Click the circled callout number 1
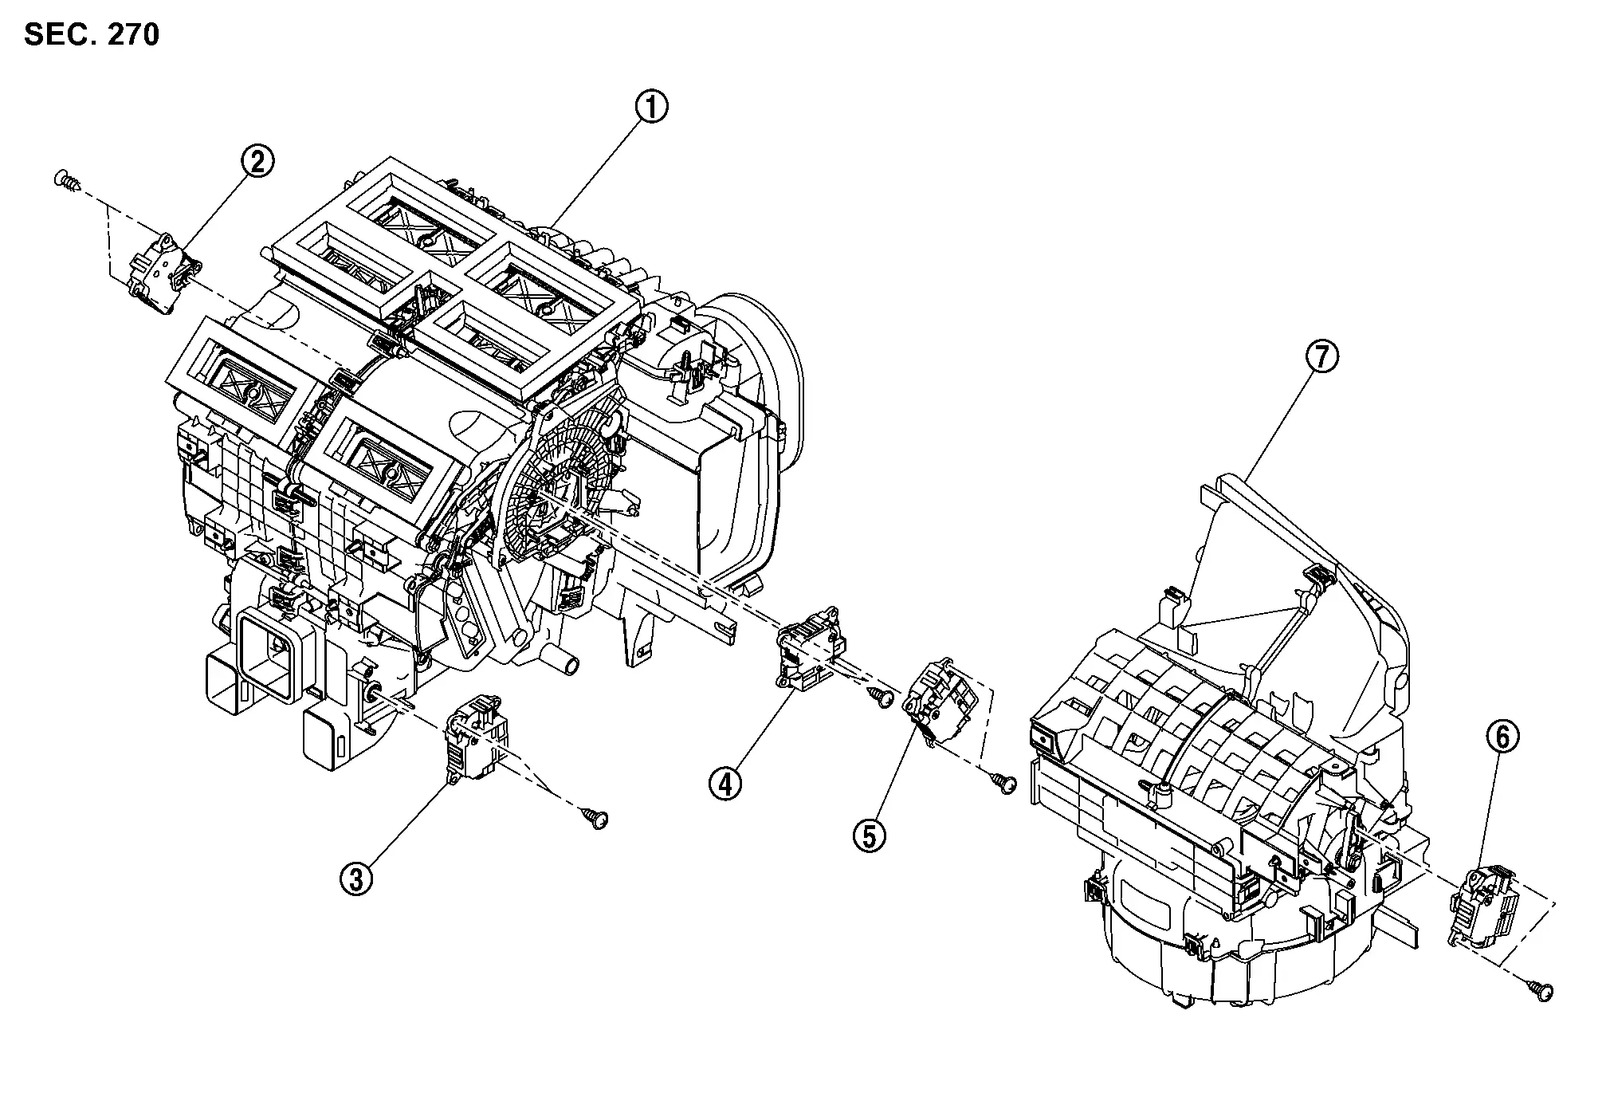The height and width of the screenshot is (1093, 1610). point(651,107)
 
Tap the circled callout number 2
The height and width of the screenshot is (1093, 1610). point(257,162)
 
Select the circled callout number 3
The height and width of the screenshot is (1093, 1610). point(355,879)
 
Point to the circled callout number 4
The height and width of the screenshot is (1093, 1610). point(725,784)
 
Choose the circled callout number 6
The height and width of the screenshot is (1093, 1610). point(1502,737)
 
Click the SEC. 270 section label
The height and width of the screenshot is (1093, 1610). point(92,35)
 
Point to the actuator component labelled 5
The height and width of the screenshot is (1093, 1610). point(939,702)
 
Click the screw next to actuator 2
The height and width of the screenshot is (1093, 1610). point(67,179)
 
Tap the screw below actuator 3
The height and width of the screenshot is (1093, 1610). point(595,817)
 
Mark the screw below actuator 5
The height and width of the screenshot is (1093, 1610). point(1003,783)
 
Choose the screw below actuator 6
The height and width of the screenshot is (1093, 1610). point(1540,991)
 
